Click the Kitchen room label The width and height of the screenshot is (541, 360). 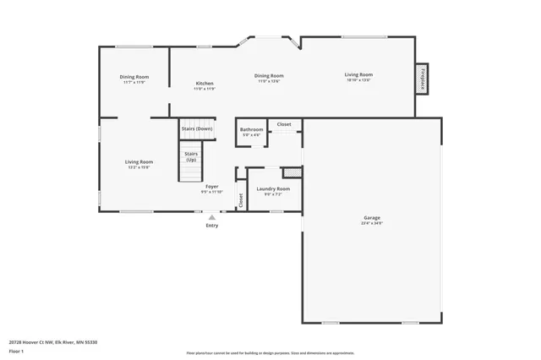tap(205, 85)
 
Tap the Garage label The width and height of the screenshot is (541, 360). tap(372, 220)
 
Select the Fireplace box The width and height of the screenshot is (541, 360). tap(422, 77)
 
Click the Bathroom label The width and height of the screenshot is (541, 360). tap(252, 130)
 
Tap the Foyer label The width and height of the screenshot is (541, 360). tap(212, 187)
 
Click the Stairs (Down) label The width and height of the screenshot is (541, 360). tap(197, 128)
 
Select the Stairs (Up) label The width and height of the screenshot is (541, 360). tap(191, 157)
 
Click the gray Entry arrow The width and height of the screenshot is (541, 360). tap(211, 217)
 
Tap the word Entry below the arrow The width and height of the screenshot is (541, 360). tap(211, 226)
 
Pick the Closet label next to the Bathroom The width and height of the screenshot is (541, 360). tap(284, 124)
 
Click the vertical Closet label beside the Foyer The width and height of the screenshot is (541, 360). tap(240, 200)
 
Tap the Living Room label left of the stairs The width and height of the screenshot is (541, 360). tap(139, 163)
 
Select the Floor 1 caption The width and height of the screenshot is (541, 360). tap(16, 351)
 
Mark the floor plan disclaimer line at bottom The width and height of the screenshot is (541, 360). tap(270, 352)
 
